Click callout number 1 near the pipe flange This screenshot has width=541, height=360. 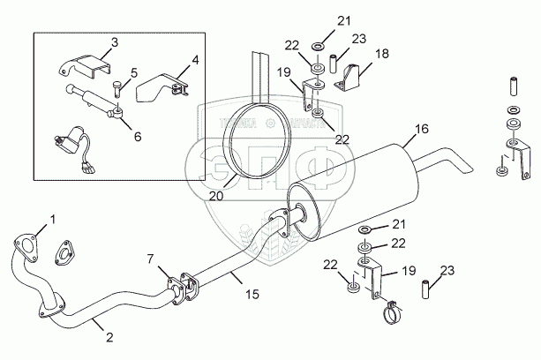(x=52, y=218)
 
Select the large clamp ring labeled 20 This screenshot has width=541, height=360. (x=253, y=146)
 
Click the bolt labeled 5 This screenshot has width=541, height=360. (x=119, y=85)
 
